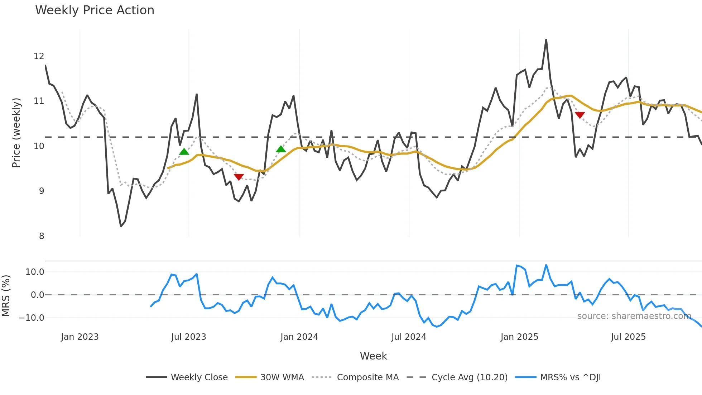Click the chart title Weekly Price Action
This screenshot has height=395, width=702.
(x=95, y=10)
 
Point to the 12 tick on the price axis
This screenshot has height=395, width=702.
(x=39, y=56)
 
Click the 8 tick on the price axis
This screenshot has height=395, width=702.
(x=42, y=236)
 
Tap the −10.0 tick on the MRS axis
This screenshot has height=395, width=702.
(x=32, y=318)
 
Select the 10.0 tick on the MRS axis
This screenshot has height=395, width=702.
(x=35, y=272)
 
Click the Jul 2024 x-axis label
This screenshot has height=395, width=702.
(x=409, y=337)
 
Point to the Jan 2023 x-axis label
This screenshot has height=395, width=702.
(x=80, y=337)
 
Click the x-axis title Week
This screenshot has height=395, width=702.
(x=373, y=356)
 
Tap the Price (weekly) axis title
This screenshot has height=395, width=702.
(x=16, y=133)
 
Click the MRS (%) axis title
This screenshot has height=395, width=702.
(x=6, y=296)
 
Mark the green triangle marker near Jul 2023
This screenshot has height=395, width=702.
(x=184, y=152)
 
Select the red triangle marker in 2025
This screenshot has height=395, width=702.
(x=580, y=115)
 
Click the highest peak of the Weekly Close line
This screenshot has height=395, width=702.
(x=546, y=40)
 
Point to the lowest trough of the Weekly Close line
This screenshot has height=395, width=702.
(x=121, y=226)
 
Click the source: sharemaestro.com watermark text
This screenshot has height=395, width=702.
(x=634, y=316)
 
